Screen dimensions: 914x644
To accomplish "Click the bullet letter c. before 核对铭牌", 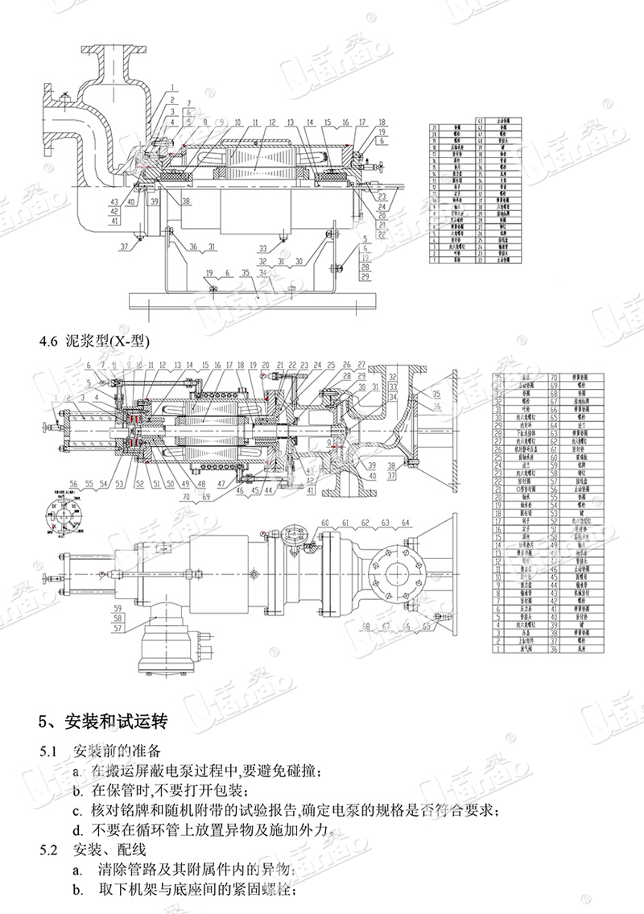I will [x=76, y=809].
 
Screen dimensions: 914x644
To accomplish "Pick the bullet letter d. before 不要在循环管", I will [x=76, y=829].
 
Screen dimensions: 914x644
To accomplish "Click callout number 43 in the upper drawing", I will [x=114, y=201].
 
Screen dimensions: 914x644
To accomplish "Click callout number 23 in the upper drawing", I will [x=382, y=196].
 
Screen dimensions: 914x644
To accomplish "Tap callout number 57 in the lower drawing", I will [x=118, y=627].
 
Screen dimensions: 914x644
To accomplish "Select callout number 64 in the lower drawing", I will [x=407, y=523].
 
